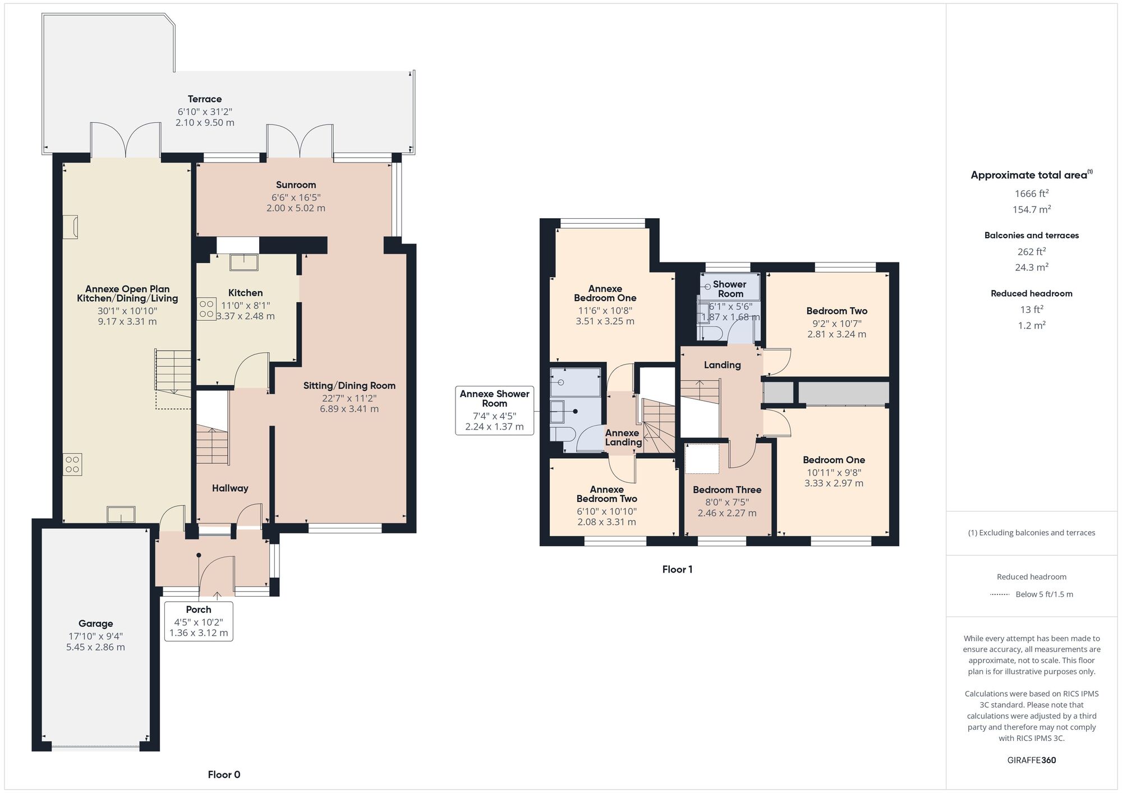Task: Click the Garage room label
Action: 95,624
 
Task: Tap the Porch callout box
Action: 199,621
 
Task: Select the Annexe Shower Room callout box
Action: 494,410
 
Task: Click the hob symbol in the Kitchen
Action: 206,309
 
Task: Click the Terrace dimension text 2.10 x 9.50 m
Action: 205,122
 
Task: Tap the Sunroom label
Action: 296,185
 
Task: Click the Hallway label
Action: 230,488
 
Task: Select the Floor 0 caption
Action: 224,774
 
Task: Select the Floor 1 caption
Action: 677,569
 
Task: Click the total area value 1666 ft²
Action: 1031,193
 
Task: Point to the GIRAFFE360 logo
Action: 1031,760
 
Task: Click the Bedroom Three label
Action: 726,490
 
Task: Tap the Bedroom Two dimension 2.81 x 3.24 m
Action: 836,334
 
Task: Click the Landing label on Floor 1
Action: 722,365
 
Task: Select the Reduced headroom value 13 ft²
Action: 1031,310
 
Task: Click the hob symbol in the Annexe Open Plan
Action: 72,464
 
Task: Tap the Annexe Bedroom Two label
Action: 606,494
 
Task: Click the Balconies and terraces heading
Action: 1031,236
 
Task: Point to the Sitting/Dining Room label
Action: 349,386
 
